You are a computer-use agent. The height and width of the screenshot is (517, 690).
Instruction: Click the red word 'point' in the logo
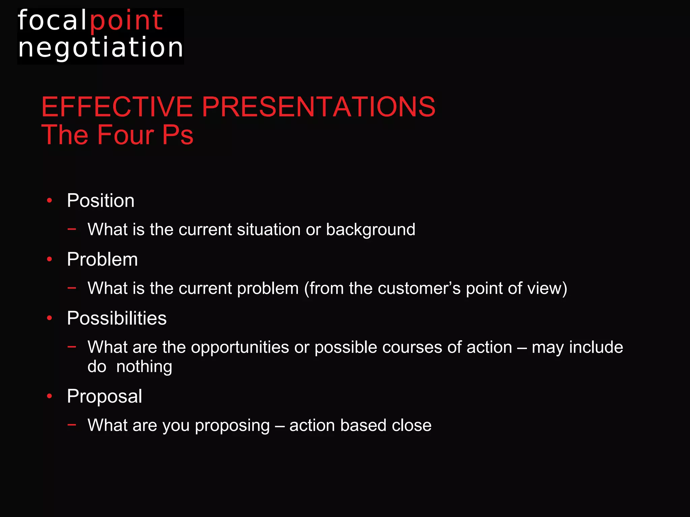coord(126,21)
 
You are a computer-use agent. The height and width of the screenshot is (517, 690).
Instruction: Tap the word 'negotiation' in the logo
coord(101,48)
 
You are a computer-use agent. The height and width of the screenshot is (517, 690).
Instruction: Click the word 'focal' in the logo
coord(52,21)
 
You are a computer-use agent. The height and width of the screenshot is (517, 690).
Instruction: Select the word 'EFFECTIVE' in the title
coord(117,107)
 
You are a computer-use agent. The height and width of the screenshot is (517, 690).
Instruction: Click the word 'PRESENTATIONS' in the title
coord(318,107)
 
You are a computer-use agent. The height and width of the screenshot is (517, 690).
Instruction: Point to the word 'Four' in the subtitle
coord(125,135)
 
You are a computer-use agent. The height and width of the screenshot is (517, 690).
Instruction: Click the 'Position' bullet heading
coord(100,201)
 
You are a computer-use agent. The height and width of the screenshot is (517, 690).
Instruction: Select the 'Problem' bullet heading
coord(102,260)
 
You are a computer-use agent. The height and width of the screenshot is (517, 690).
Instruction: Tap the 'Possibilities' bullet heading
coord(117,318)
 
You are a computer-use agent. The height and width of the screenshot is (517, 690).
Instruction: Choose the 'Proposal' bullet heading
coord(104,396)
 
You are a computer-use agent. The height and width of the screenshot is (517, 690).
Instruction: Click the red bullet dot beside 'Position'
coord(50,201)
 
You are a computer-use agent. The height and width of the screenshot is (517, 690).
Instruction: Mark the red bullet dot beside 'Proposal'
coord(50,396)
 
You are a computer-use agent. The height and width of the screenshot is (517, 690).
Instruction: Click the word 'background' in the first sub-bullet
coord(370,230)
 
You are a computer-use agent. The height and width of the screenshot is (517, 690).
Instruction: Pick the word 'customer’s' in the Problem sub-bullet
coord(419,288)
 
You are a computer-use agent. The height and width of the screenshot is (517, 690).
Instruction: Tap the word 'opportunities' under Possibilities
coord(240,347)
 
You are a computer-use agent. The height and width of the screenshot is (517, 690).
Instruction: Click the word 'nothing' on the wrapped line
coord(144,367)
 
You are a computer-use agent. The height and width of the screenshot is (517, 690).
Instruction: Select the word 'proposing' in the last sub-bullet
coord(232,425)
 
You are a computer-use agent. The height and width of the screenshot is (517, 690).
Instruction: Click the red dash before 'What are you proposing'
coord(71,425)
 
